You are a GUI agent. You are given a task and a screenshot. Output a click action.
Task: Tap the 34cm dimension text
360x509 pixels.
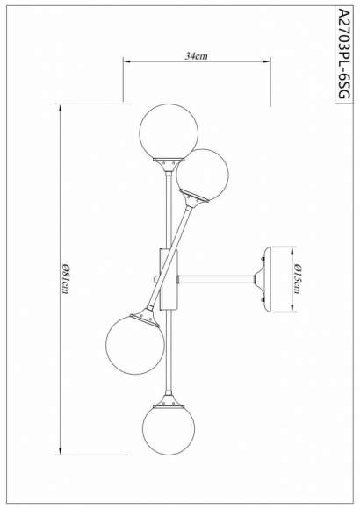(x=196, y=55)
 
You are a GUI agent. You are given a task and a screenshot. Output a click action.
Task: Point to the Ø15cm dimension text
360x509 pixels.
(x=299, y=279)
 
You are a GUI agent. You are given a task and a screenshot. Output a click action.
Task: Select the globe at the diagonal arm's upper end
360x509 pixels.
(x=203, y=174)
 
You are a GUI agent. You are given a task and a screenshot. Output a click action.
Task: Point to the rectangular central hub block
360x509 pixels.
(x=169, y=279)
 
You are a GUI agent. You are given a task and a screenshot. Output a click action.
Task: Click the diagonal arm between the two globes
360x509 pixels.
(x=173, y=255)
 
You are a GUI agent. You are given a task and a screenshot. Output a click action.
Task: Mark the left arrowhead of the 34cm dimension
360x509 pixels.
(x=126, y=62)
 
